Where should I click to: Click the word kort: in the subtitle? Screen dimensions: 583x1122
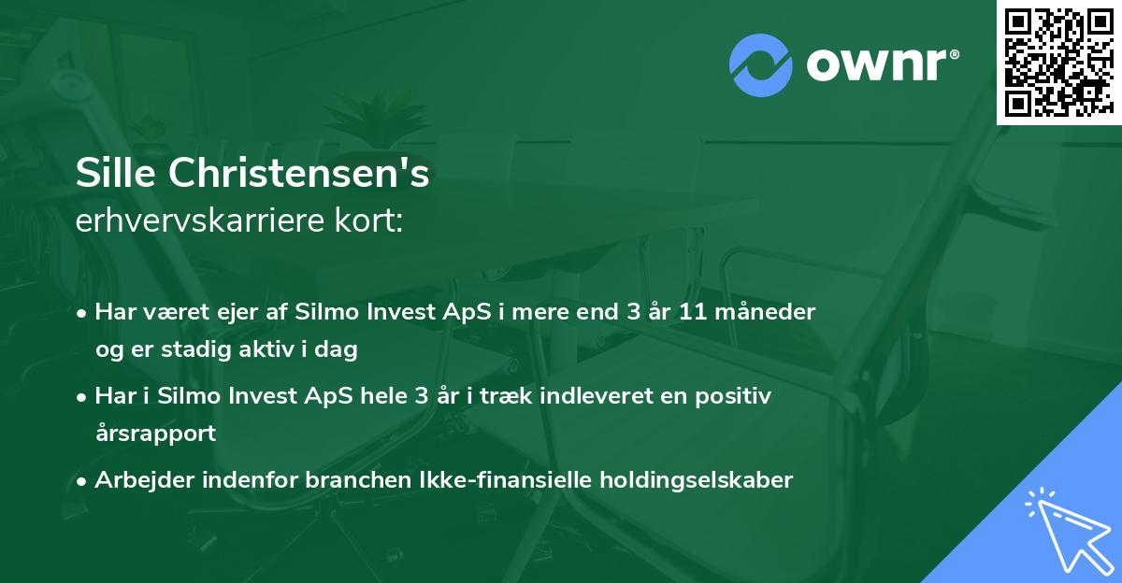click(371, 221)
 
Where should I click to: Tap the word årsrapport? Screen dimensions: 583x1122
click(155, 434)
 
